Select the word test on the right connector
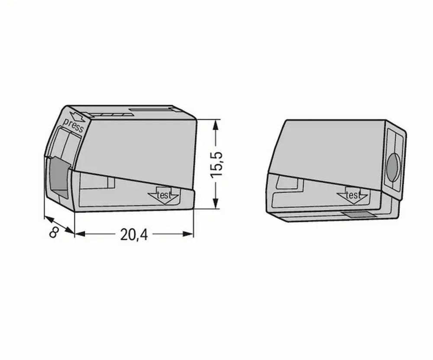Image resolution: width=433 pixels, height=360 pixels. click(353, 195)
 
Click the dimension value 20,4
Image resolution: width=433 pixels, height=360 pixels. click(134, 234)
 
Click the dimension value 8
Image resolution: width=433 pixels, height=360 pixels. click(54, 232)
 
